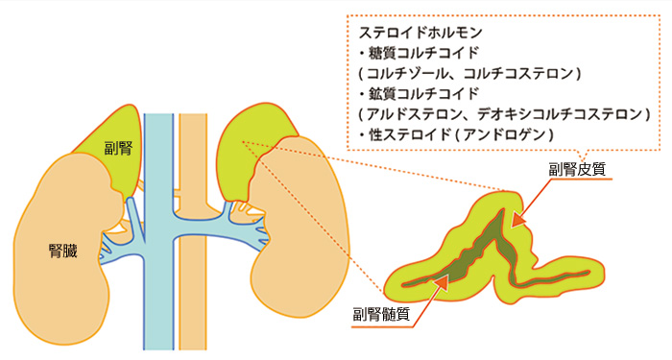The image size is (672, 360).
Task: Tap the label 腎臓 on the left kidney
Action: click(x=63, y=252)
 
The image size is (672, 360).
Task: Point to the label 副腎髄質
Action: click(x=381, y=312)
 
